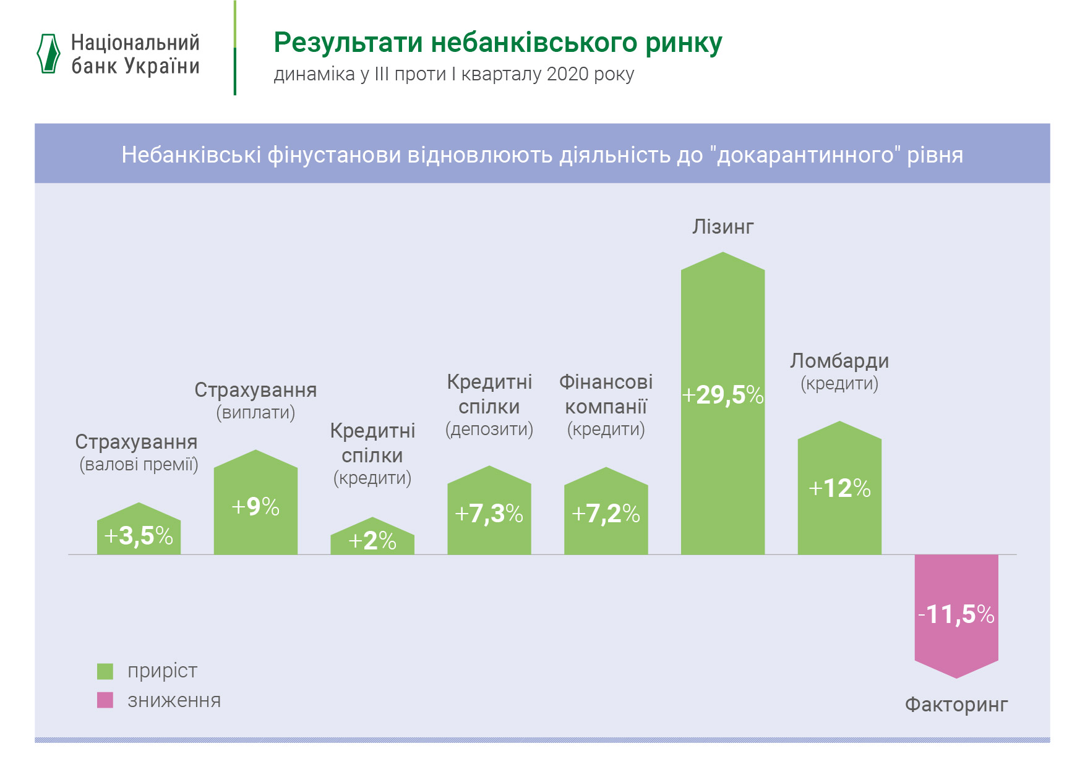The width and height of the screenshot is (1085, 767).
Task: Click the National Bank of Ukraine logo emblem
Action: point(49,54)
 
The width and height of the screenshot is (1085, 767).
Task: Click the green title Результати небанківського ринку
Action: point(497,43)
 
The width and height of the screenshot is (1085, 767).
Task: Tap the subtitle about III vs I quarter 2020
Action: point(453,74)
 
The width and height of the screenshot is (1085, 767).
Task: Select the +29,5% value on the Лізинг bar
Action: point(723,395)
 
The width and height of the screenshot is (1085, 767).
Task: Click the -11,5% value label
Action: point(956,614)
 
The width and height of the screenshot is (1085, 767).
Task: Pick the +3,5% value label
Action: point(139,536)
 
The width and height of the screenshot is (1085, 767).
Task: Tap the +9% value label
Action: point(255,507)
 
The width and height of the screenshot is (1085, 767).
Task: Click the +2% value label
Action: point(372,541)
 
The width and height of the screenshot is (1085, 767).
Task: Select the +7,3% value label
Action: point(489,514)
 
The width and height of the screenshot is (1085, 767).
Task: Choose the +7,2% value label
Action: point(606,514)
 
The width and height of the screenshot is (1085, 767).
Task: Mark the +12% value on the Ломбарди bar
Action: point(839,489)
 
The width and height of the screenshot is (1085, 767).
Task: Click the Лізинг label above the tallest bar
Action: point(723,227)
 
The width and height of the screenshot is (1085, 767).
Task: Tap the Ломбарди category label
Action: point(839,361)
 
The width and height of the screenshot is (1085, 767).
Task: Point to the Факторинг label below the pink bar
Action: point(956,704)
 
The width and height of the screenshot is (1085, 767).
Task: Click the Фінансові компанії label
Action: point(606,394)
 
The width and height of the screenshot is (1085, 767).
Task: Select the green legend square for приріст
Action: point(105,671)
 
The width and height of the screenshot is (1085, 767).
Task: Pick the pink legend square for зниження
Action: point(105,700)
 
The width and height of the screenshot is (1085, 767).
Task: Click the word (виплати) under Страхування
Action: point(255,413)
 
